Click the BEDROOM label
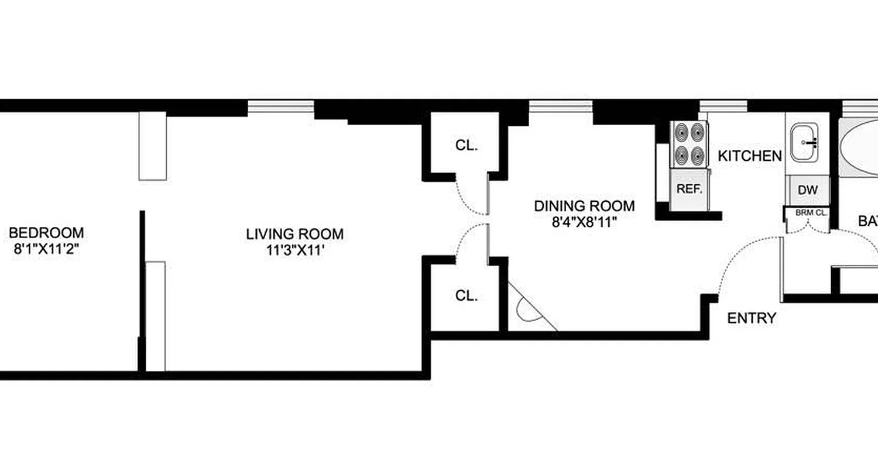click(46, 233)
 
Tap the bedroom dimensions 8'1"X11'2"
click(46, 248)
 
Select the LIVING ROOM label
click(294, 235)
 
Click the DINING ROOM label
click(584, 206)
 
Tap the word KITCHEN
click(750, 156)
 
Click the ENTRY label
click(752, 318)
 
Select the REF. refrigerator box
click(689, 190)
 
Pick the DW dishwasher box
click(807, 190)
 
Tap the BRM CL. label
click(811, 213)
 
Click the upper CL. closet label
click(467, 146)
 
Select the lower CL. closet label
click(467, 296)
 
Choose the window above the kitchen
click(723, 106)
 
